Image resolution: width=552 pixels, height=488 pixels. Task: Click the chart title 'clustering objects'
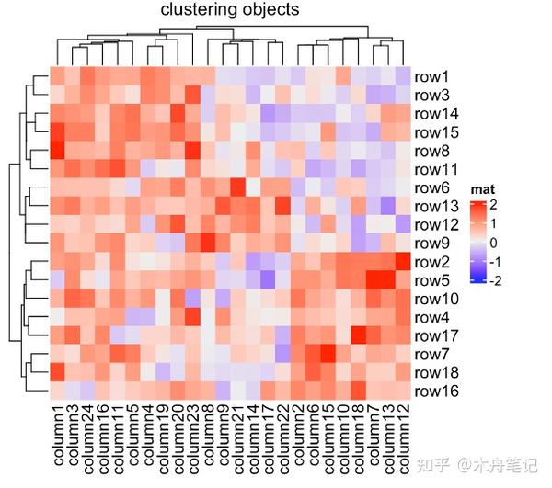(229, 11)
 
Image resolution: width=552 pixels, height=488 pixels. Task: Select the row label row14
(437, 114)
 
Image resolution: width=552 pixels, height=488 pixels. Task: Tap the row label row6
(432, 187)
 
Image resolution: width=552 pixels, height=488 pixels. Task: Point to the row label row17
(437, 335)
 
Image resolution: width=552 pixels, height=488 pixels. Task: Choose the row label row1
(432, 77)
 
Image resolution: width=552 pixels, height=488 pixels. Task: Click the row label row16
(437, 392)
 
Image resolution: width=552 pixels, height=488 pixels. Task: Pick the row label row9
(432, 244)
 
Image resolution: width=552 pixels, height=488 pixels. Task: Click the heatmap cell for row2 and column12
(403, 262)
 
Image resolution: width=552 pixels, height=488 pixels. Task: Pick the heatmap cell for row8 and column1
(57, 151)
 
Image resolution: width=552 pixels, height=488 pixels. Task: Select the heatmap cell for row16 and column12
(403, 392)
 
